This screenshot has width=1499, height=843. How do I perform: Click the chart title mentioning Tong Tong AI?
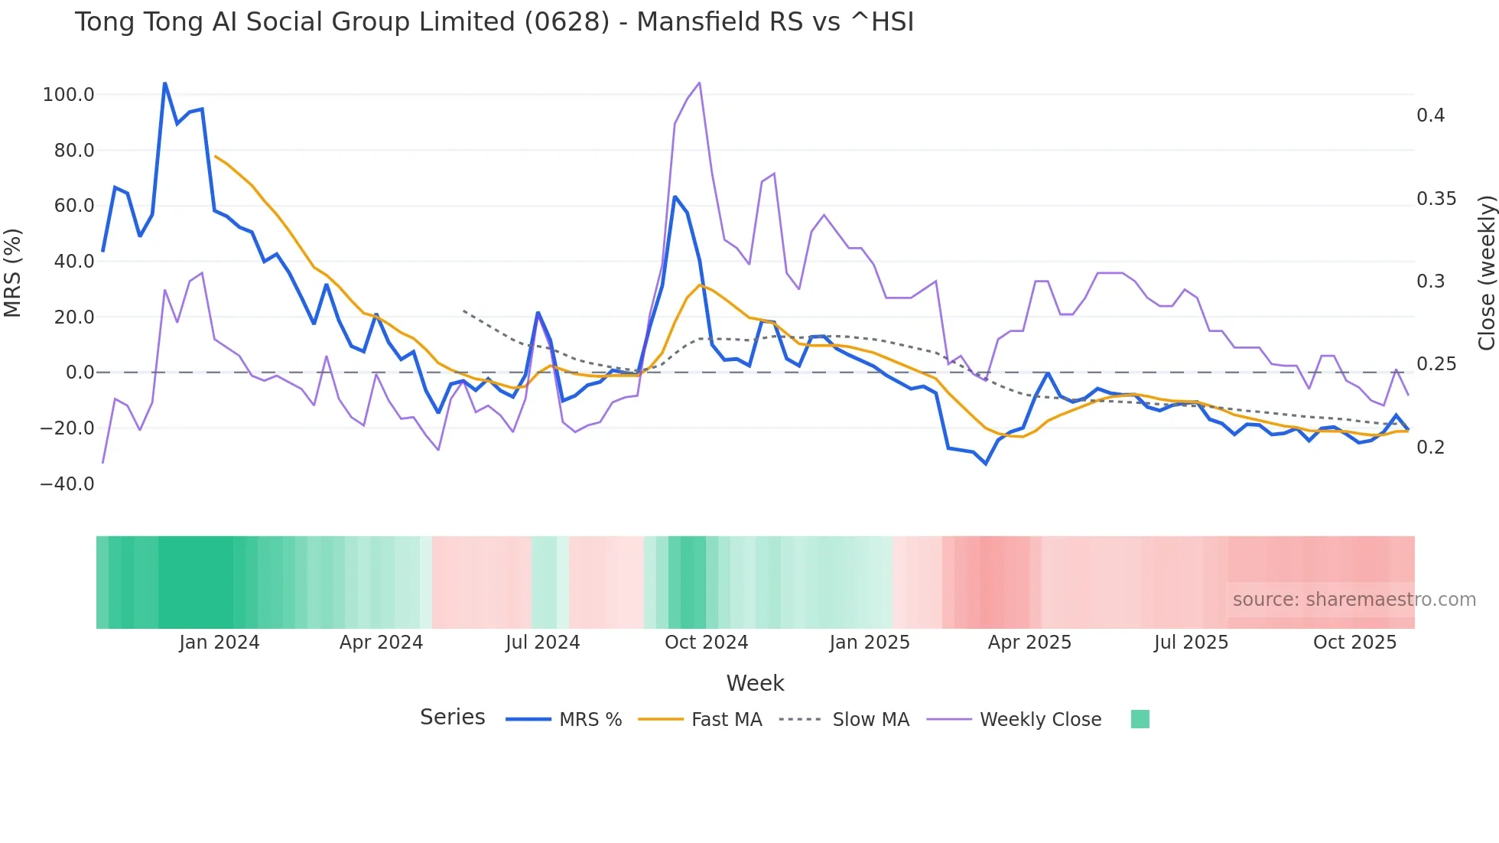[x=494, y=22]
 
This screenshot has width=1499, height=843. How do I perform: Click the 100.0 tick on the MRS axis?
[x=68, y=95]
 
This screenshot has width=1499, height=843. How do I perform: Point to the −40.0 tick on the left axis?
[x=67, y=484]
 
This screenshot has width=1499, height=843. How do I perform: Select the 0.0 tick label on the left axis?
[x=80, y=373]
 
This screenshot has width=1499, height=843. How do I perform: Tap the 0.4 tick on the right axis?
[x=1430, y=116]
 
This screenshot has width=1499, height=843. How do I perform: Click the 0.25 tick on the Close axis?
[x=1436, y=364]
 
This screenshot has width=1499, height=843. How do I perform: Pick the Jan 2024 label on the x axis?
[x=219, y=643]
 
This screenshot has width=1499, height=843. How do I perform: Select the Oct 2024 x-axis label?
[x=706, y=643]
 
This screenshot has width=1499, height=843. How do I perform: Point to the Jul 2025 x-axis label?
[x=1191, y=643]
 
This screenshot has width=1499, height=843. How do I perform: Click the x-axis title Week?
[x=755, y=683]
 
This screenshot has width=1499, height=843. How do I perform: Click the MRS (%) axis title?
[x=13, y=273]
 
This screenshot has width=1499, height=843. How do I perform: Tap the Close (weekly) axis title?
[x=1486, y=273]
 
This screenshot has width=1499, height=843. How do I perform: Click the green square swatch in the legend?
[x=1140, y=719]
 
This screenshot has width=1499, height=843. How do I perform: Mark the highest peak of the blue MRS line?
[x=164, y=83]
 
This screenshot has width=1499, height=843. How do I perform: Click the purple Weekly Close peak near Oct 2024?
[x=699, y=83]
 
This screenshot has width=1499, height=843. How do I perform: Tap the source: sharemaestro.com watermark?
[x=1354, y=600]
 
